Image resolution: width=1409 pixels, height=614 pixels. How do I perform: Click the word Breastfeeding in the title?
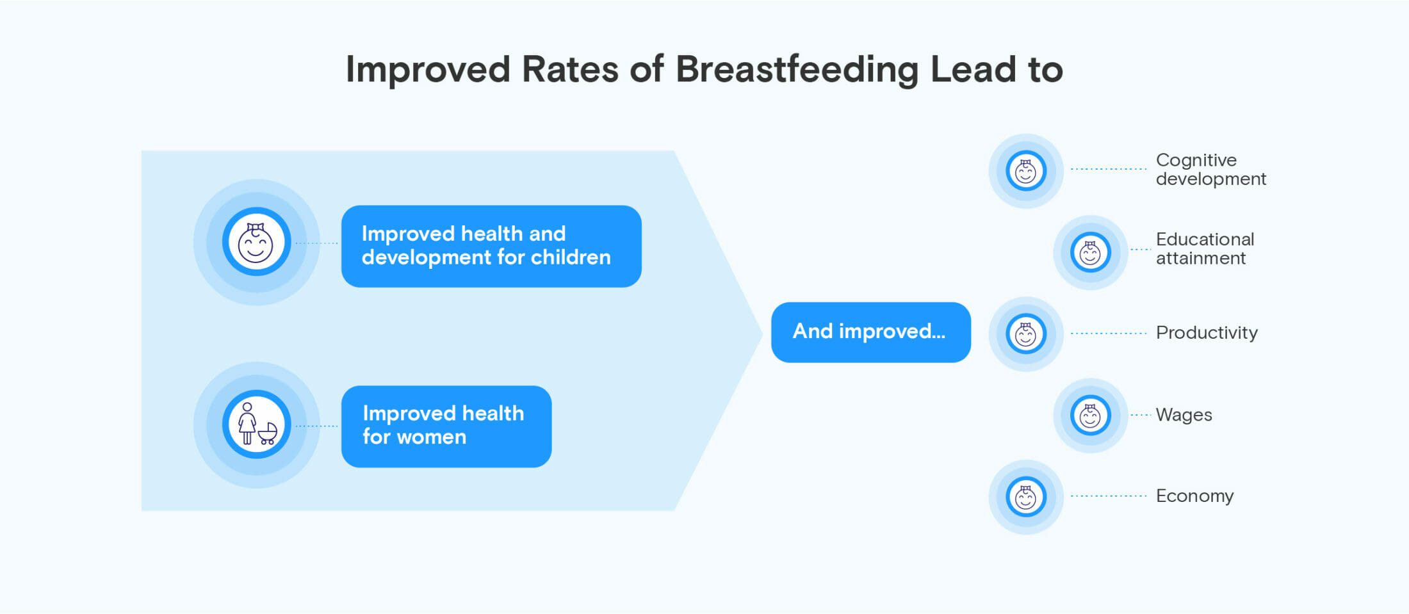(x=797, y=70)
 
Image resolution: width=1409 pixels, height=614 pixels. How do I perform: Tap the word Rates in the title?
(x=570, y=69)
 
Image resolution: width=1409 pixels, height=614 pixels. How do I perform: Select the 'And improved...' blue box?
(x=870, y=332)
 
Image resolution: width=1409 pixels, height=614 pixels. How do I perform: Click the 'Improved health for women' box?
(x=446, y=426)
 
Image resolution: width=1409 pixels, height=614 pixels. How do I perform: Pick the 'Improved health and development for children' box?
(x=491, y=246)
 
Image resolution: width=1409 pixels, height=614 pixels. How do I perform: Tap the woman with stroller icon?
(x=257, y=424)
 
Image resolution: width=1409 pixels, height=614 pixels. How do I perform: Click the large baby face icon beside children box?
(x=256, y=242)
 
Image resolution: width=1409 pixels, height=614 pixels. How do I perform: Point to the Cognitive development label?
(x=1210, y=169)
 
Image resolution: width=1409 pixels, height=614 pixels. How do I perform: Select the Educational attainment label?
(x=1205, y=248)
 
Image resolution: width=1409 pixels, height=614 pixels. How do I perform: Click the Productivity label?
(x=1207, y=332)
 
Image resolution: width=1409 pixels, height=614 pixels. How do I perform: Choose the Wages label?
(x=1184, y=415)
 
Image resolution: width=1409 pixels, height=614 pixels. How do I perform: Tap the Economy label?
(x=1194, y=496)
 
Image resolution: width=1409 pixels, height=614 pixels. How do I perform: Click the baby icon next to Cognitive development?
(x=1026, y=171)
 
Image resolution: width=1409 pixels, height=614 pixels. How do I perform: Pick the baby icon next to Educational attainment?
(x=1090, y=252)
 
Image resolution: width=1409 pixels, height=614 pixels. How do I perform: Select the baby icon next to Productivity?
(x=1026, y=334)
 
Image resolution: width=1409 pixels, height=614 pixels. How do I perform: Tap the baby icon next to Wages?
(x=1090, y=416)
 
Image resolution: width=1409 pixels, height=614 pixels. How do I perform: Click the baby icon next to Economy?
(x=1026, y=496)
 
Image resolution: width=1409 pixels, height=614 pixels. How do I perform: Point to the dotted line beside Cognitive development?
(x=1109, y=169)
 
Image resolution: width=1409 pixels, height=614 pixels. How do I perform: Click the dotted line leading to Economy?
(x=1109, y=496)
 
